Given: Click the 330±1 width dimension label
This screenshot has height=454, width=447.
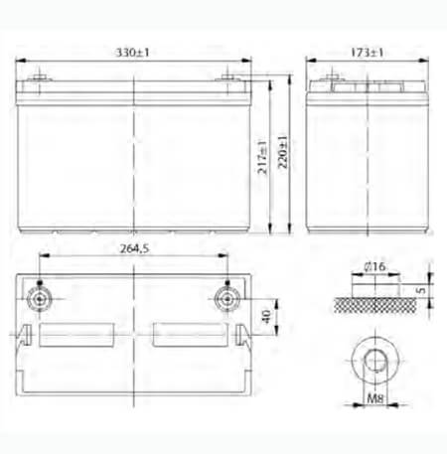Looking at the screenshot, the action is tap(132, 53).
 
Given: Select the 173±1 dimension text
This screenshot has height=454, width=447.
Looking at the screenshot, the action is tap(367, 53).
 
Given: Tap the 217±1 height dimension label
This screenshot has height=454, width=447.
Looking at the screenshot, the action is tap(262, 157).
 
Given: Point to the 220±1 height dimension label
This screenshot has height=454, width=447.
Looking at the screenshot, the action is tap(282, 152).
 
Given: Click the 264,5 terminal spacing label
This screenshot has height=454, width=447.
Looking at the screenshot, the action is tap(134, 248).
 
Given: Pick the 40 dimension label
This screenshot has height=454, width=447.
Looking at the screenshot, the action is tap(266, 317).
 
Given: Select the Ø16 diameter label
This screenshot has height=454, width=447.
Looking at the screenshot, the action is tap(374, 266).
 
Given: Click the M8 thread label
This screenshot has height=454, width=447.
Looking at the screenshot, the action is tap(375, 398).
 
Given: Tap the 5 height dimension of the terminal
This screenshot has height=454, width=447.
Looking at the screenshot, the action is tap(421, 290).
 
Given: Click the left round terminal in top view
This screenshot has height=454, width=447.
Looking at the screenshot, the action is tap(40, 299).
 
